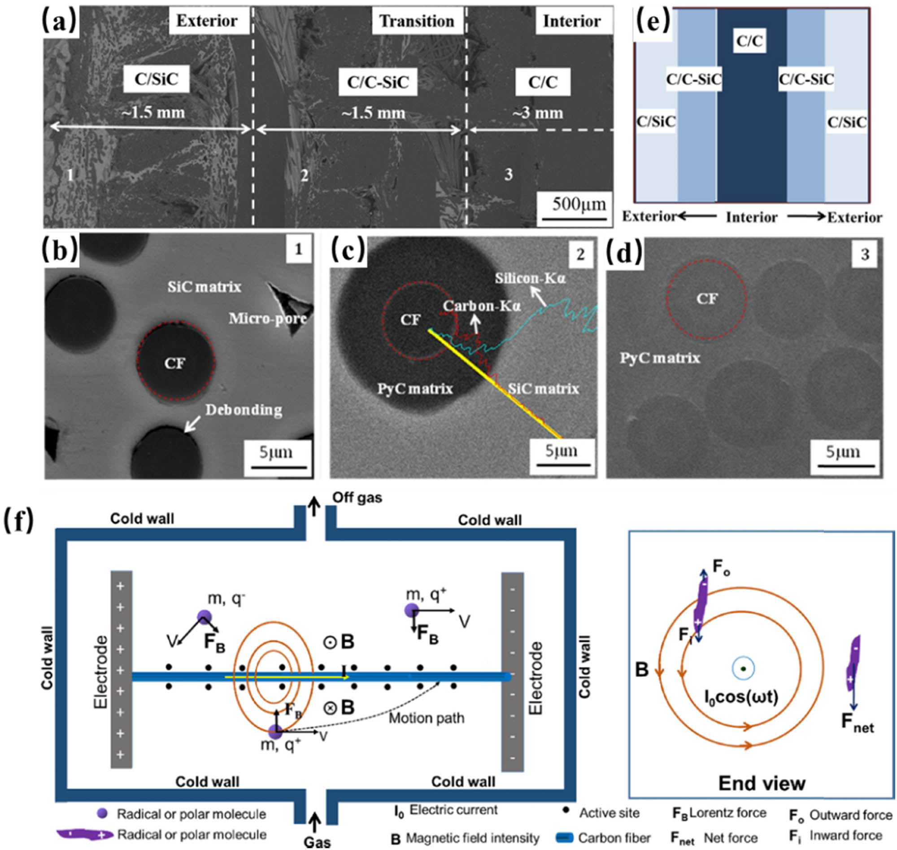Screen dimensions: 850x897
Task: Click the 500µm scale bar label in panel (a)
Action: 578,204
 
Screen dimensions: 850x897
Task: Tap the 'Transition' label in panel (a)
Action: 417,21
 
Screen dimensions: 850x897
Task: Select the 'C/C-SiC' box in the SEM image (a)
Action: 378,82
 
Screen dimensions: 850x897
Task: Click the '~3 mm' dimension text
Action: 537,113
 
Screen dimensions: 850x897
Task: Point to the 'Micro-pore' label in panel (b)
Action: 268,319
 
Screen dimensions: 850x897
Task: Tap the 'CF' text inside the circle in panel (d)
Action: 706,298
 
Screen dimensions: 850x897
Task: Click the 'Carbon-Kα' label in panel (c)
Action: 482,306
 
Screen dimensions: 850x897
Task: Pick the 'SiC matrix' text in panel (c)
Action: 544,388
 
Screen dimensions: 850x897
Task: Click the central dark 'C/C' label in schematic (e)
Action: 749,42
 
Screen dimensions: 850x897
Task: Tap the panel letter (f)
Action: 18,521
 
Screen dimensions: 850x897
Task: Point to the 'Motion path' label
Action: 427,718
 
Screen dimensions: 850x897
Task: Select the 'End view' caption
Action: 762,783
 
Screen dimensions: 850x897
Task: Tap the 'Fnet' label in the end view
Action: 857,723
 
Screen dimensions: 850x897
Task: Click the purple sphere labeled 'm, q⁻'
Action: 204,617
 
